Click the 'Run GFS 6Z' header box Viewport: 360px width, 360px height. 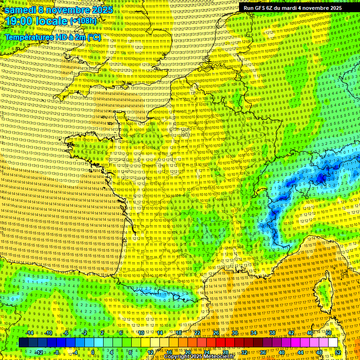coord(292,8)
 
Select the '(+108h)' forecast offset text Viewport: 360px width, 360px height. coord(83,21)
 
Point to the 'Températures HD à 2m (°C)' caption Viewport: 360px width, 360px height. coord(53,37)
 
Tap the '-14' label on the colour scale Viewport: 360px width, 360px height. coord(30,333)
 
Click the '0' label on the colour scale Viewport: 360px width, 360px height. coord(93,352)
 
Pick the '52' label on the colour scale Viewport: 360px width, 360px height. coord(338,352)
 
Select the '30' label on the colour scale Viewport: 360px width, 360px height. coord(235,333)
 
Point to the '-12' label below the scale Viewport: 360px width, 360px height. coord(39,352)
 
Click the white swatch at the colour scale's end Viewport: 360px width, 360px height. coord(333,343)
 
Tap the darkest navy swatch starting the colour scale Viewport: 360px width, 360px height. coord(24,343)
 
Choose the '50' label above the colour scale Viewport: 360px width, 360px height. coord(329,333)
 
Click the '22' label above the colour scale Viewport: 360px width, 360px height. coord(197,333)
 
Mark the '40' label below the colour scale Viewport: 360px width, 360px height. coord(281,352)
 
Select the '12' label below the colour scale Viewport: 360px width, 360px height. coord(150,352)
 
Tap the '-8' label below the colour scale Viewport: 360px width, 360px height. coord(57,352)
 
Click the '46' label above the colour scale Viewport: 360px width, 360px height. coord(310,333)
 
